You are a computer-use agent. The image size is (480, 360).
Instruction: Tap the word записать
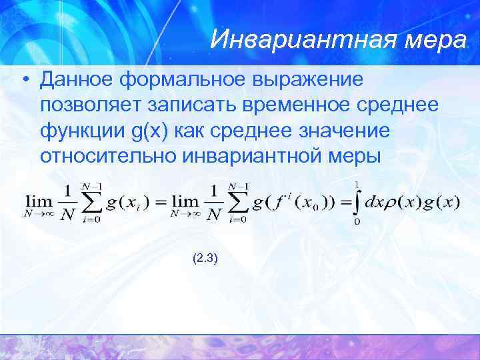point(205,105)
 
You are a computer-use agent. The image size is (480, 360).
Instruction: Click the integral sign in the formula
point(357,201)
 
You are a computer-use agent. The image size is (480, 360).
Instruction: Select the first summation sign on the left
point(94,203)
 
